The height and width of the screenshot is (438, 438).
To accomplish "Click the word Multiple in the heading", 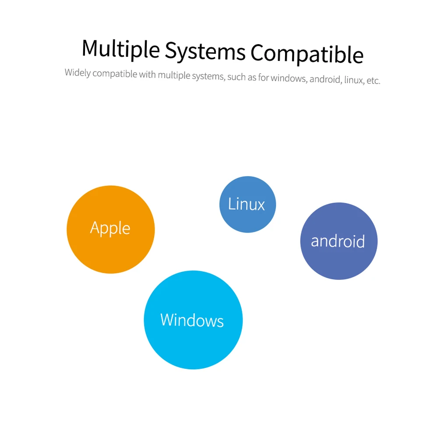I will click(x=121, y=49).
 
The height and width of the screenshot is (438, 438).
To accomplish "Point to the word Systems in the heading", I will click(x=205, y=51).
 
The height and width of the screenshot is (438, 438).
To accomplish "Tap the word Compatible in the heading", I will click(x=307, y=54).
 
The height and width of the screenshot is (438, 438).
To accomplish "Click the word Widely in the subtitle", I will click(x=78, y=72).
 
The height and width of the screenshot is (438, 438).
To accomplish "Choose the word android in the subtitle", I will click(x=325, y=80).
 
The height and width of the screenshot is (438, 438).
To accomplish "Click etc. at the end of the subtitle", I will click(x=373, y=81).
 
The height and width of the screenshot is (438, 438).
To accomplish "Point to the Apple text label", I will click(x=110, y=228).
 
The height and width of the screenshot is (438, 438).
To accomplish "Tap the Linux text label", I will click(x=247, y=204).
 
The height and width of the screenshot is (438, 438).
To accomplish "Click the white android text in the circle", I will click(x=338, y=241).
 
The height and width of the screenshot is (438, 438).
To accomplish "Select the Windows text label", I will click(x=192, y=320).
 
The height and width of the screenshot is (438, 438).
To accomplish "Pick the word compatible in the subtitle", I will click(x=115, y=73).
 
